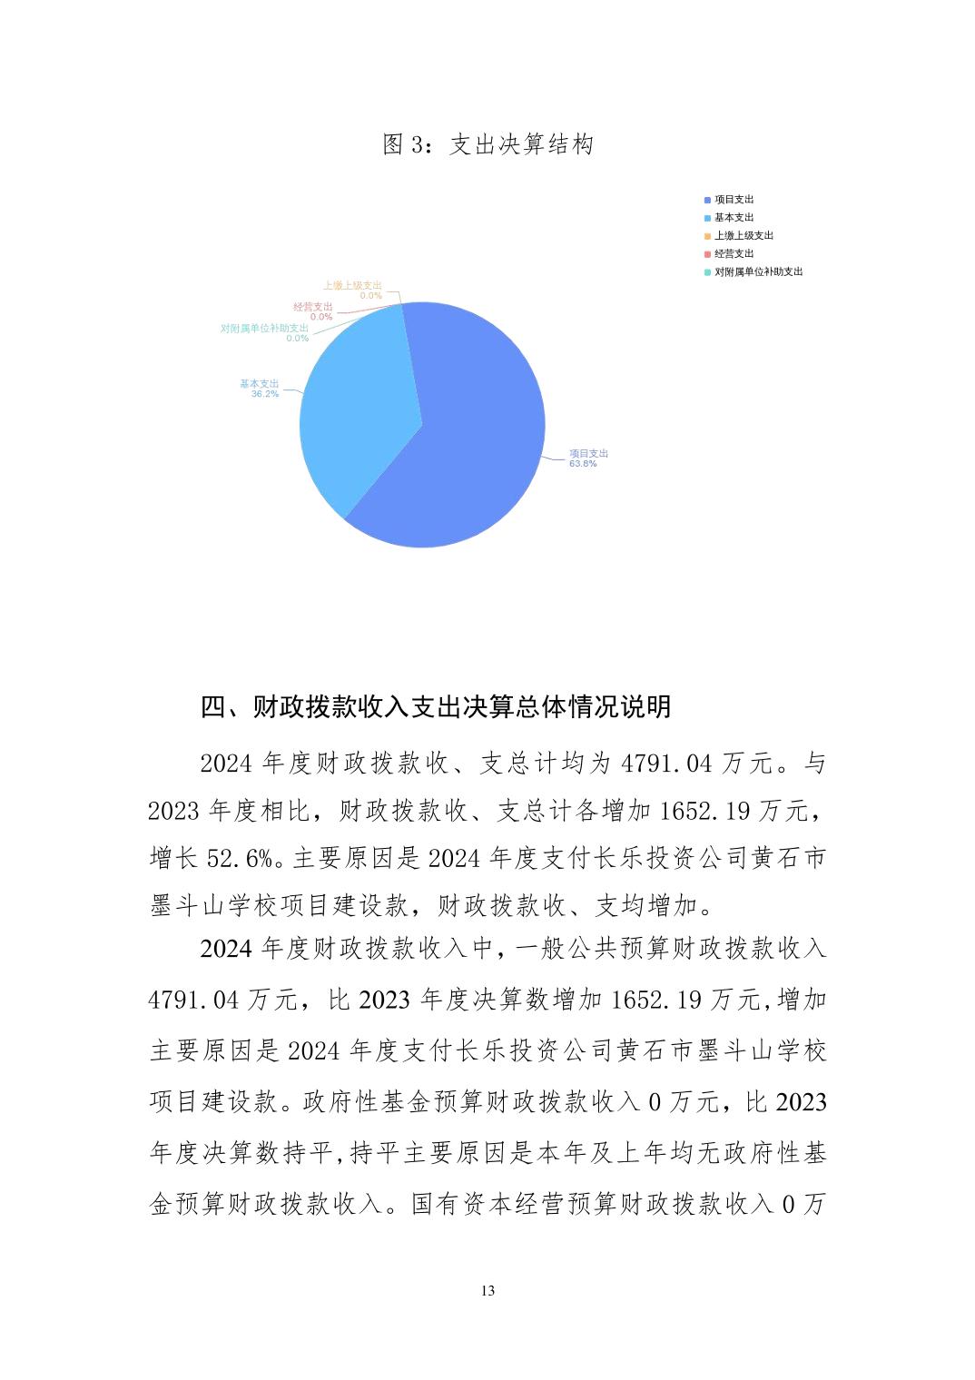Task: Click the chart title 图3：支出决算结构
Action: pyautogui.click(x=487, y=145)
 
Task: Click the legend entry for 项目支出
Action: pyautogui.click(x=734, y=200)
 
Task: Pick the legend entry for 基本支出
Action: pyautogui.click(x=734, y=218)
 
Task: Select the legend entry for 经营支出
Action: pyautogui.click(x=734, y=254)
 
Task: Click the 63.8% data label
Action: pyautogui.click(x=583, y=464)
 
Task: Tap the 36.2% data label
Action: pyautogui.click(x=265, y=394)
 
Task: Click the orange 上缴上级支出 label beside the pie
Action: pyautogui.click(x=352, y=285)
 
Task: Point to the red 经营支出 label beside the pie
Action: pyautogui.click(x=313, y=307)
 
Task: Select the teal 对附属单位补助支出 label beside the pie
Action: pyautogui.click(x=264, y=328)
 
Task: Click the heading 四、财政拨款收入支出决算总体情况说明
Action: pyautogui.click(x=436, y=706)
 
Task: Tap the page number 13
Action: pyautogui.click(x=487, y=1291)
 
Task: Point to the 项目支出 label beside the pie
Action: pyautogui.click(x=588, y=453)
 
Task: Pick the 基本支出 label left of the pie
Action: pyautogui.click(x=260, y=383)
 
